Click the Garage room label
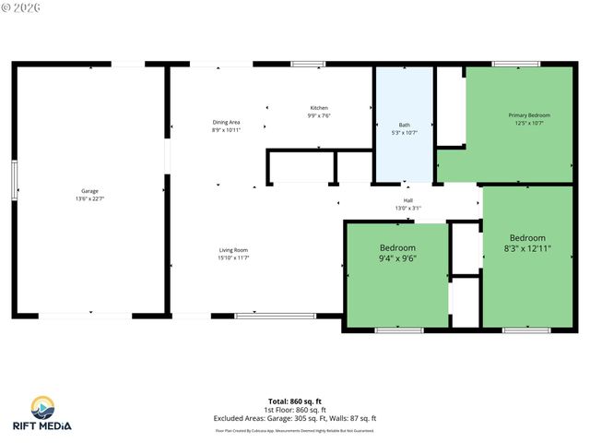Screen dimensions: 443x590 click(89, 191)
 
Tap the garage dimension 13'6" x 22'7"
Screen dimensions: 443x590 click(89, 199)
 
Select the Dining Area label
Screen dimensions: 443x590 click(226, 123)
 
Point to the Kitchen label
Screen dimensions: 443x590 click(318, 108)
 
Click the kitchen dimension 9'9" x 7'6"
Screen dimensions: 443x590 click(318, 116)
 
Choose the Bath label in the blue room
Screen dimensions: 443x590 click(404, 125)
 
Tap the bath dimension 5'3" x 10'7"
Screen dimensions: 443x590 click(404, 133)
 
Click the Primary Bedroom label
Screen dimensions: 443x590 click(528, 115)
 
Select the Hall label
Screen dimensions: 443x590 click(407, 200)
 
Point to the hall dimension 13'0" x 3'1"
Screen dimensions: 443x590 click(407, 209)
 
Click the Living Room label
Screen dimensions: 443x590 click(233, 250)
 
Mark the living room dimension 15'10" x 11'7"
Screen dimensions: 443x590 click(233, 258)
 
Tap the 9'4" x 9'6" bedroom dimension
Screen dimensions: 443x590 click(397, 259)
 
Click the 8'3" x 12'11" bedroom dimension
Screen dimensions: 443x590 click(527, 248)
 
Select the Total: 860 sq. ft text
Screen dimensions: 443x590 click(295, 401)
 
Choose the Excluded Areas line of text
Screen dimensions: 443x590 click(295, 418)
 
